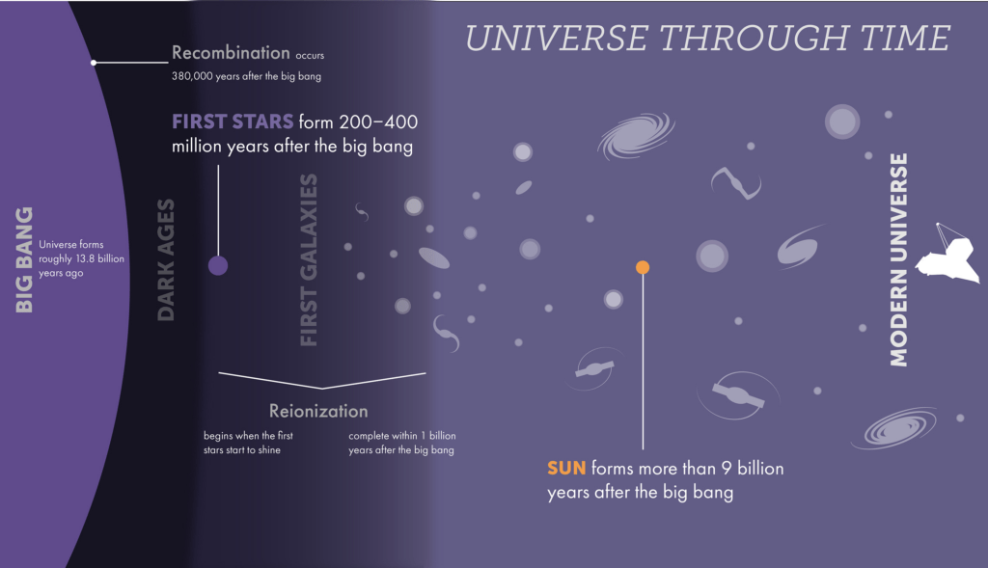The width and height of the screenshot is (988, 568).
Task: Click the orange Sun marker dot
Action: point(643,268)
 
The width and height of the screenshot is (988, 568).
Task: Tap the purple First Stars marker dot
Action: point(218,266)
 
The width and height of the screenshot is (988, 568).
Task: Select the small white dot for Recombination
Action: point(94,63)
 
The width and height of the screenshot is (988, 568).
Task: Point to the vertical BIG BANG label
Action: point(24,259)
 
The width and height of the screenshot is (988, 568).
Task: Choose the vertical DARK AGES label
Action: point(165,260)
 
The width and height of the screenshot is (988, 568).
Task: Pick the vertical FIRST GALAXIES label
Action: point(308,260)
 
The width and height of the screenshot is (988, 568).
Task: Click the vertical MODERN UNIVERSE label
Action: point(898,260)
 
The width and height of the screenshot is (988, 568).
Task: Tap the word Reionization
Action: point(318,411)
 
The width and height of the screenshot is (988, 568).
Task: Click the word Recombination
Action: point(231,52)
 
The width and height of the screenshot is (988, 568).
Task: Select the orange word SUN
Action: point(566,469)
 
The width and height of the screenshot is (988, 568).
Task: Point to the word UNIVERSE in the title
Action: point(557,38)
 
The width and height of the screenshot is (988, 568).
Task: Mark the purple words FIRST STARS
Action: point(233,122)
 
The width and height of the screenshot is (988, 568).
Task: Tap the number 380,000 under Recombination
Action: point(192,76)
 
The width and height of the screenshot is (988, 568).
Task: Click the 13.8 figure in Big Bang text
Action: point(85,258)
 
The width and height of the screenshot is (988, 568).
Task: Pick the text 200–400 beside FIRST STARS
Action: point(378,122)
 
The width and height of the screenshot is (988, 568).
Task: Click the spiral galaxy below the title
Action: point(636,135)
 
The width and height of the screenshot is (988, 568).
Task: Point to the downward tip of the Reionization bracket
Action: point(322,389)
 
